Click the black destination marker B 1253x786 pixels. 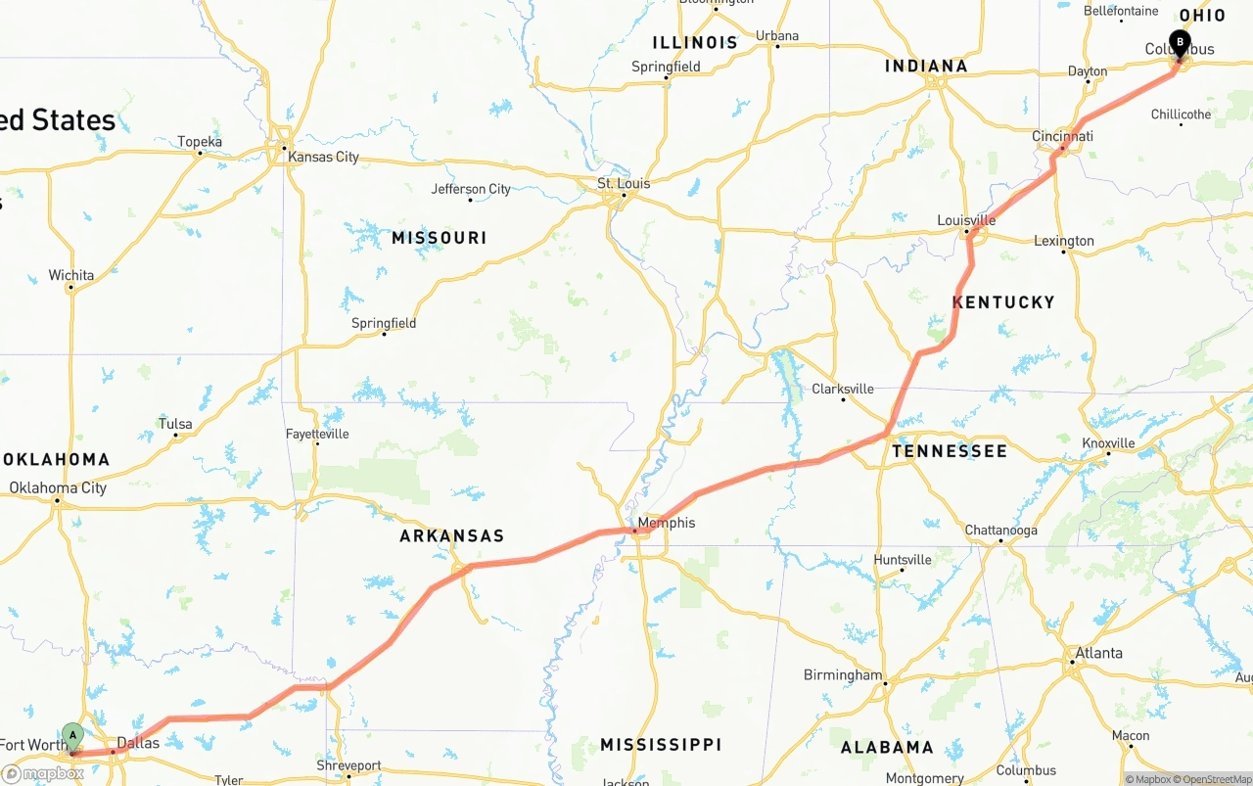[1181, 43]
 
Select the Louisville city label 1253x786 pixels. [966, 220]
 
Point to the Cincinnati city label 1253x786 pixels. [1062, 136]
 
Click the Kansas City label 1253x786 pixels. [323, 157]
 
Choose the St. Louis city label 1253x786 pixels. [624, 183]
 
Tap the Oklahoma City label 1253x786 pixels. [58, 487]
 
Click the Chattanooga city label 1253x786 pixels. [1000, 531]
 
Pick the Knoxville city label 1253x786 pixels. [1108, 443]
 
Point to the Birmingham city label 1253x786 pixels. [843, 675]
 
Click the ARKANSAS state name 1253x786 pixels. [452, 536]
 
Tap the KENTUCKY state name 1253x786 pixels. [1003, 302]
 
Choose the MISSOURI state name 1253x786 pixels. [439, 238]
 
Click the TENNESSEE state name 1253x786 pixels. [949, 451]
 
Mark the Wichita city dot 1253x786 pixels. [70, 288]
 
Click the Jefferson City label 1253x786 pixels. [471, 189]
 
